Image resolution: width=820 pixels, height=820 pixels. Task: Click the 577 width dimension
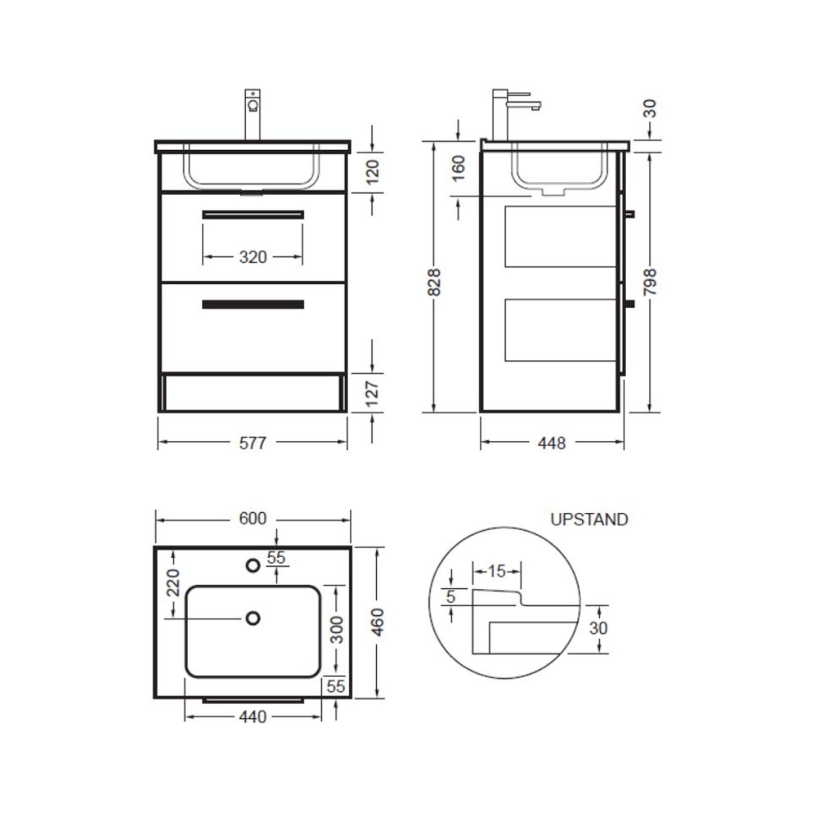(252, 443)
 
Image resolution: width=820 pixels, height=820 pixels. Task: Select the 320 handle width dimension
(252, 257)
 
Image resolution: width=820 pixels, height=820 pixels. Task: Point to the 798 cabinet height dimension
(650, 282)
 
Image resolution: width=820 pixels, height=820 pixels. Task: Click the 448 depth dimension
(551, 443)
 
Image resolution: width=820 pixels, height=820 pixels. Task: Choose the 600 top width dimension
(252, 519)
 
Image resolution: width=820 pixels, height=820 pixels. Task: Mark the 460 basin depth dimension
(378, 622)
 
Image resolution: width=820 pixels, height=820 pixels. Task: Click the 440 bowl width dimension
(252, 717)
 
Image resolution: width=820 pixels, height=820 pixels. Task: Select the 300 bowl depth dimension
(337, 630)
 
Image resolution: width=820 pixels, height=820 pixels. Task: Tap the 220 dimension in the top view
(173, 582)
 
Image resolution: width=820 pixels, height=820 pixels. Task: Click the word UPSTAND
(589, 519)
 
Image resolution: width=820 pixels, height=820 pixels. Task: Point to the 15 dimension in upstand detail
(497, 570)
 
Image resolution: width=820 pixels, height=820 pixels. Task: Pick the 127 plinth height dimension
(372, 393)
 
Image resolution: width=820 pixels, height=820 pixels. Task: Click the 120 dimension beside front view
(372, 171)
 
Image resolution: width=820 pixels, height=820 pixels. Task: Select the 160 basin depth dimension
(458, 168)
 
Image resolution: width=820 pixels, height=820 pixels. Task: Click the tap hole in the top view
(253, 566)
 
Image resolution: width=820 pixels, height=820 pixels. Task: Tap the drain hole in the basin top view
(253, 618)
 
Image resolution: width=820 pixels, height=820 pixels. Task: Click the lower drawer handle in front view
(253, 304)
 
